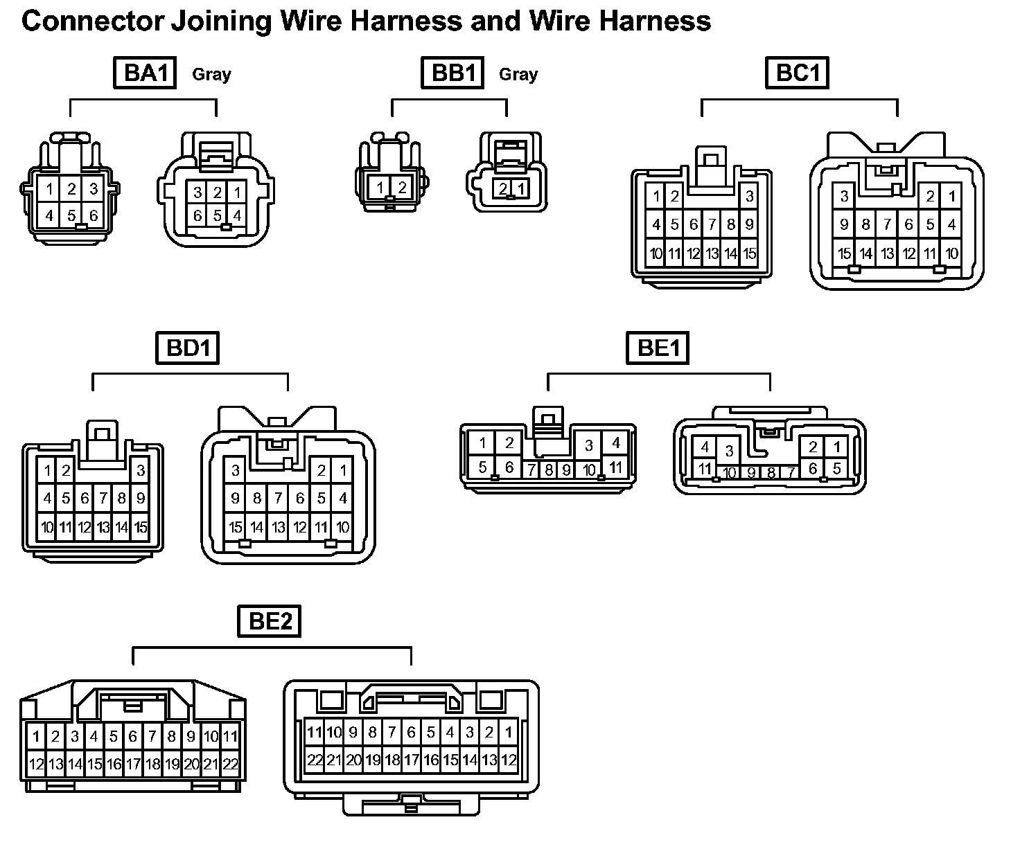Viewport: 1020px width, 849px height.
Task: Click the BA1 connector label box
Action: [x=146, y=73]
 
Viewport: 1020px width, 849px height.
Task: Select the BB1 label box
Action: [x=452, y=73]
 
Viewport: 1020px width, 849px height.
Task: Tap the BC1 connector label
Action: [x=797, y=73]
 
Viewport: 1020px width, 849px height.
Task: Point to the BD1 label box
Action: [x=188, y=348]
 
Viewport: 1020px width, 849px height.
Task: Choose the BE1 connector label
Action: [x=658, y=348]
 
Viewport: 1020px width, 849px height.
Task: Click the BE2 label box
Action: [x=270, y=621]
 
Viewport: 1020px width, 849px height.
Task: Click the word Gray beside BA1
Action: [x=211, y=74]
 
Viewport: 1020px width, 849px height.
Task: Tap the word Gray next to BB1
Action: [x=518, y=74]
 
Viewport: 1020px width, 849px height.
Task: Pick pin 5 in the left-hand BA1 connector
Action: [x=71, y=215]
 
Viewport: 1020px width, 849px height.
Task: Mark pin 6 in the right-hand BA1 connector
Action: [x=198, y=215]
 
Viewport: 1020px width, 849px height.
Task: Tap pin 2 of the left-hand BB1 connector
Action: [x=401, y=187]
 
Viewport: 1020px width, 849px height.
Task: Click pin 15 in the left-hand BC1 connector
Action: [x=749, y=253]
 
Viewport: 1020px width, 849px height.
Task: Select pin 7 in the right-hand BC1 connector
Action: [x=887, y=224]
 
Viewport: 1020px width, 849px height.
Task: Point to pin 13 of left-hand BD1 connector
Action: [x=103, y=528]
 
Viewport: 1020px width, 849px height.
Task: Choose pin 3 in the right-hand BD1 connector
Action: [x=236, y=471]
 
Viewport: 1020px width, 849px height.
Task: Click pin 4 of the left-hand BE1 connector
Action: [x=615, y=443]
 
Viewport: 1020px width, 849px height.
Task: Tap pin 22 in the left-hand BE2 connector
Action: [x=231, y=765]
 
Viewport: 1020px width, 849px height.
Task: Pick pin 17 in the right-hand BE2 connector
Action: [x=411, y=760]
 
